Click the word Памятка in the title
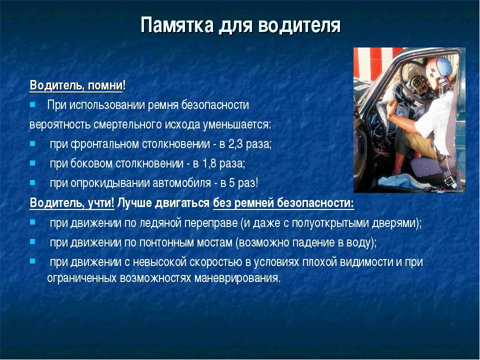coord(177,25)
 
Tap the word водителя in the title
coord(299,25)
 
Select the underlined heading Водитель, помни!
coord(78,85)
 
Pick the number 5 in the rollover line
coord(232,183)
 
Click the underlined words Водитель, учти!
coord(72,203)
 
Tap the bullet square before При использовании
coord(33,105)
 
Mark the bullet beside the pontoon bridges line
coord(33,242)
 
